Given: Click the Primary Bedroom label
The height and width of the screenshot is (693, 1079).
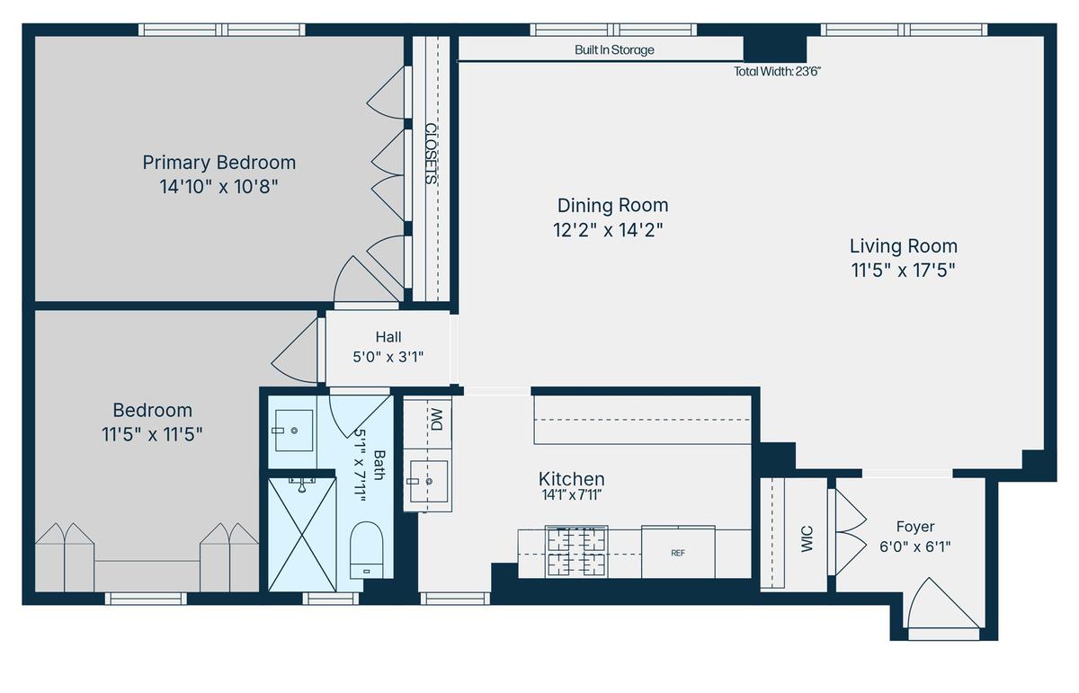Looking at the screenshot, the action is [219, 163].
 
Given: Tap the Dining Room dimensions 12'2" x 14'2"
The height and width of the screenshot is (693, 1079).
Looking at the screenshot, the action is [608, 230].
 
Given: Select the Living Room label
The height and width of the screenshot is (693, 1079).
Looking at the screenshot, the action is [903, 246].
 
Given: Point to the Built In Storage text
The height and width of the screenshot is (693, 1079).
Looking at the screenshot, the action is [614, 50].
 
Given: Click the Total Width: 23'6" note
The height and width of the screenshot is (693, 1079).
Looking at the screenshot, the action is [777, 72].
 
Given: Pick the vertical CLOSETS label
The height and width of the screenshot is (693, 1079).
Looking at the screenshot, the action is [431, 154].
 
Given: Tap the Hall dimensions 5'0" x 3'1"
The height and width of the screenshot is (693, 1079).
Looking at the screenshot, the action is [388, 358].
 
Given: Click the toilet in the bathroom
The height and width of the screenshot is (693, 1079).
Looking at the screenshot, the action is [366, 549].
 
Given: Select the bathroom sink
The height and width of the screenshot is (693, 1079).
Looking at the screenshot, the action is [294, 430].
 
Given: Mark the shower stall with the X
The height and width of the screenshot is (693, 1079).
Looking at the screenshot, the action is [302, 535].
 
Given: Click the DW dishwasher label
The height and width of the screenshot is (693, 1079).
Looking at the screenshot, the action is [436, 419].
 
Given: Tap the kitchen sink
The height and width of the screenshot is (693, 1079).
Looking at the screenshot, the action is [428, 481].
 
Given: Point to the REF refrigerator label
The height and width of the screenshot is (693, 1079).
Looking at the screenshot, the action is [678, 554].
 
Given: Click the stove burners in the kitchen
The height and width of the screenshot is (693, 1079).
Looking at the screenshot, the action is [576, 551].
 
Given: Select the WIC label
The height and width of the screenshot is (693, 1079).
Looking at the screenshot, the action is [807, 539].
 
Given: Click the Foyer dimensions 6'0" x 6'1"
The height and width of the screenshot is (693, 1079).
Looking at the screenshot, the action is [914, 547].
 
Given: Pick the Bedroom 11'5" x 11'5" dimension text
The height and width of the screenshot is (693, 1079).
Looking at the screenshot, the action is [152, 434].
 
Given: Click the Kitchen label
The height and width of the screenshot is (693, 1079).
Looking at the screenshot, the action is [571, 479].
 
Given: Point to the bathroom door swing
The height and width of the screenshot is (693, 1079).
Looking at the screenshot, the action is [359, 416].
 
